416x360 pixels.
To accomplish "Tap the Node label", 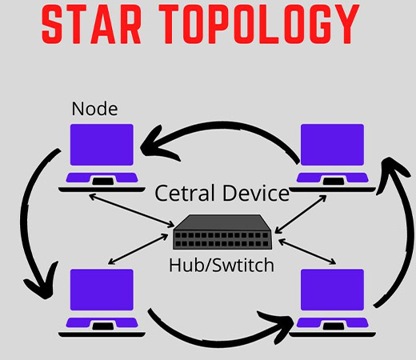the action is tap(94, 109).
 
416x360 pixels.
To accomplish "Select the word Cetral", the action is tap(185, 193).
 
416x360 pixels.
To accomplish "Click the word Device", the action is tap(256, 193).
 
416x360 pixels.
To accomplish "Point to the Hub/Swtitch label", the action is tap(222, 265).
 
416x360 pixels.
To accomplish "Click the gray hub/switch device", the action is tap(222, 232).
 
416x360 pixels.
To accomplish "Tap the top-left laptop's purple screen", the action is tap(102, 145).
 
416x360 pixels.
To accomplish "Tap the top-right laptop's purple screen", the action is tap(332, 145).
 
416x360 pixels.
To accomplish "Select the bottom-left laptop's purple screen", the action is tap(102, 290).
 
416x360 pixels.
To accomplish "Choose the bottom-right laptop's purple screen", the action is tap(332, 290).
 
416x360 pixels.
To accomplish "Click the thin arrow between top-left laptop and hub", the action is tap(131, 210).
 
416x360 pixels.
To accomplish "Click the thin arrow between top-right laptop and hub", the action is tap(301, 214).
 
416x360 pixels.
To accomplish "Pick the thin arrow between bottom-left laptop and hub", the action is tap(138, 249).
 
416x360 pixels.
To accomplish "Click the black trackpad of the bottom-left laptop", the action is tap(102, 326).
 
